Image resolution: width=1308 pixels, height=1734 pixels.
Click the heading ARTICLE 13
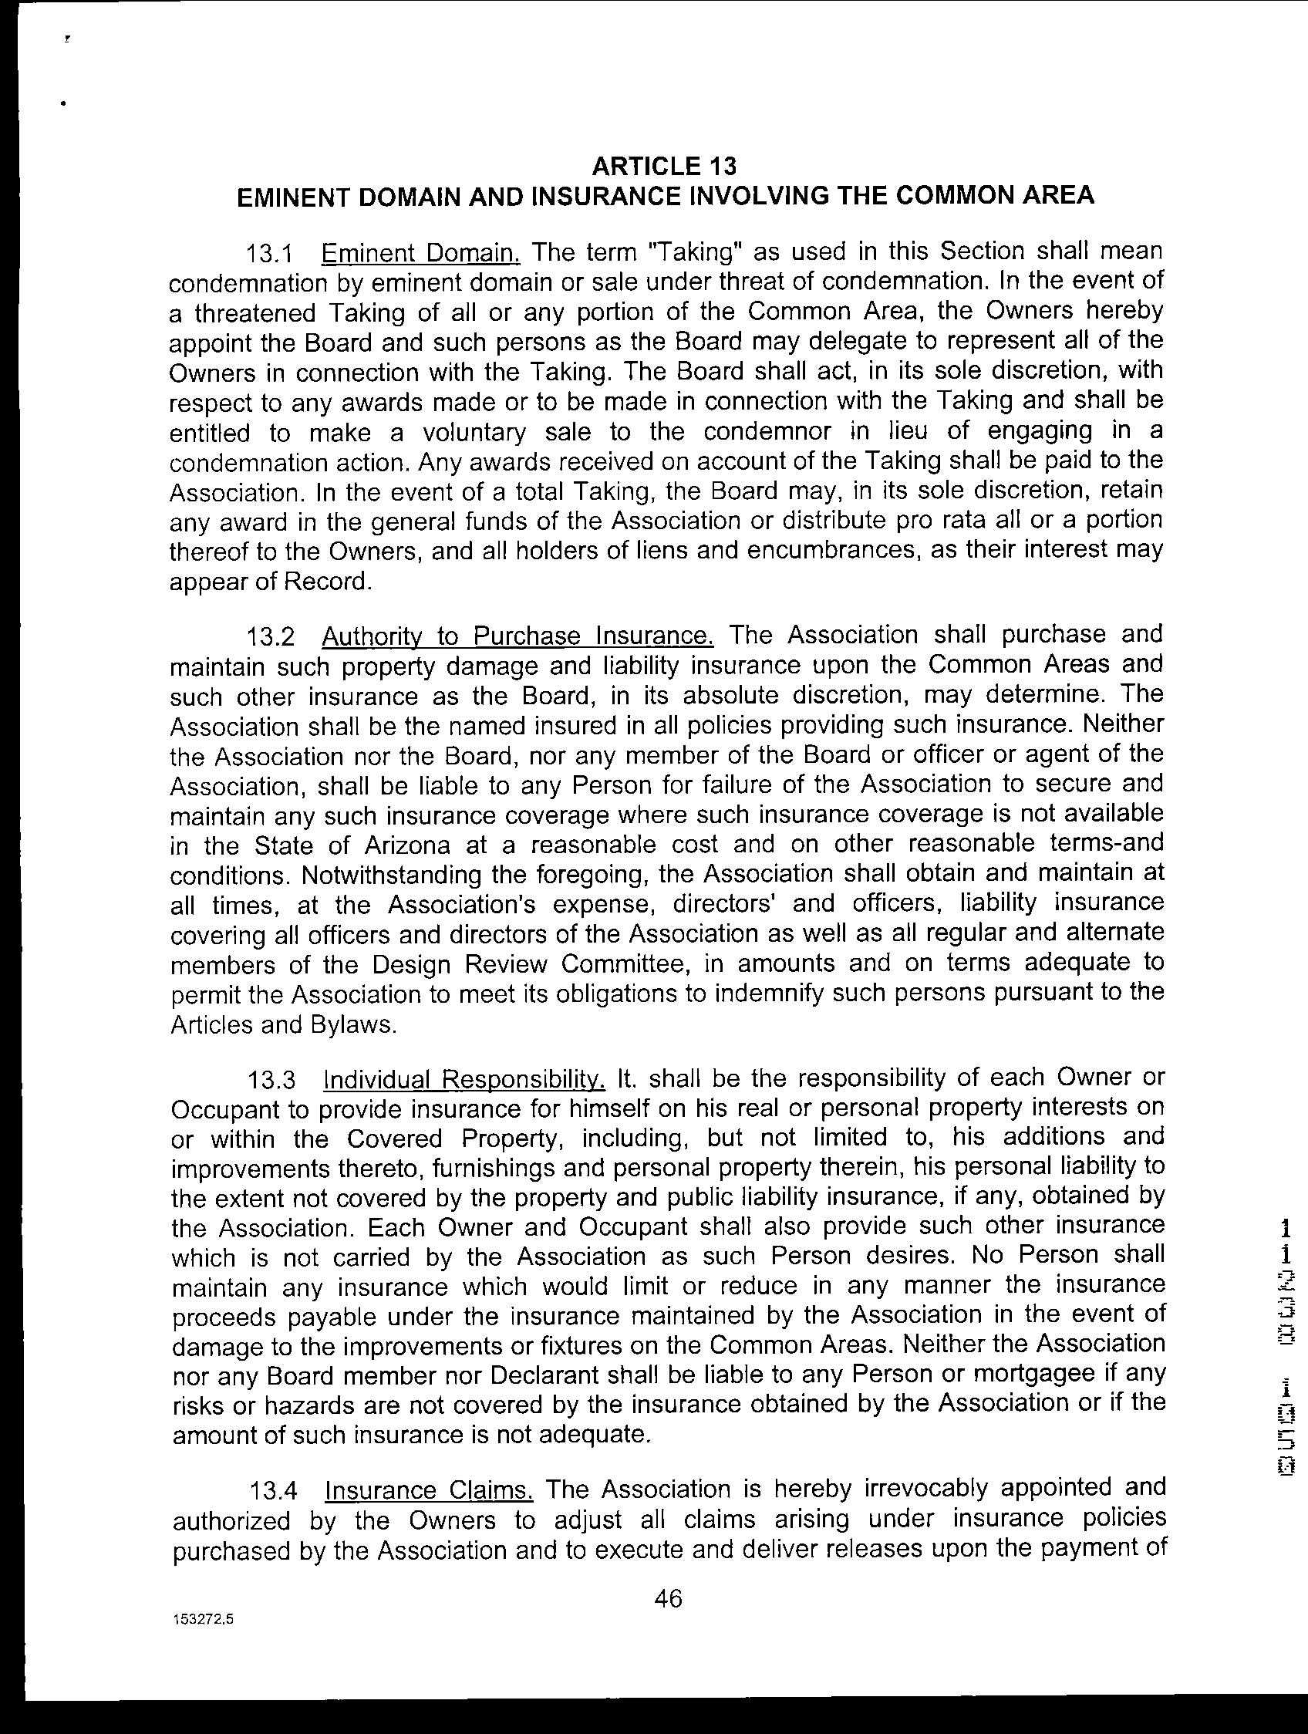pos(664,166)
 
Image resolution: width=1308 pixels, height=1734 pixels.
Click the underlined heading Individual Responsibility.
pos(464,1079)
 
